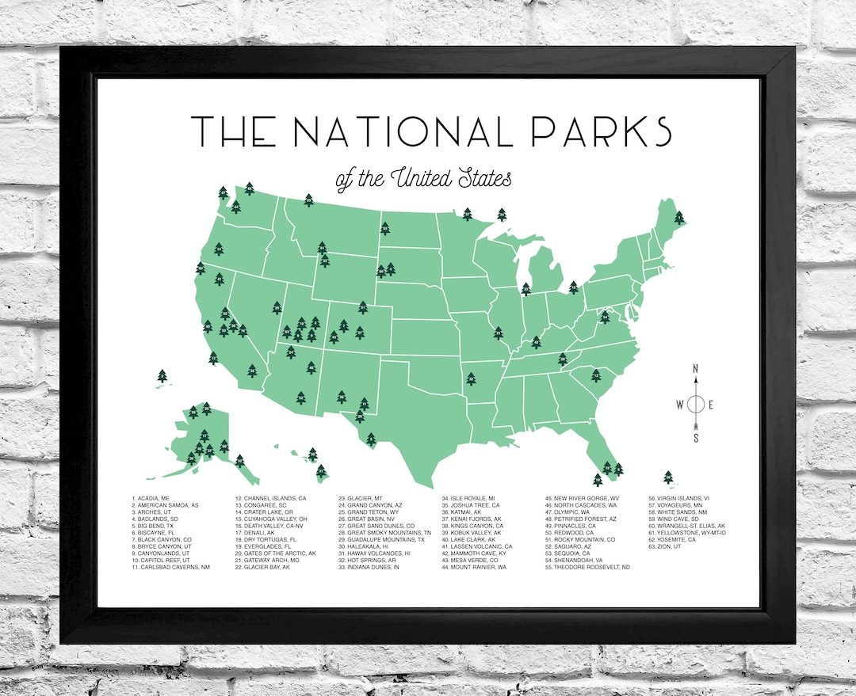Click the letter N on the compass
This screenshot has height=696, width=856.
tap(696, 369)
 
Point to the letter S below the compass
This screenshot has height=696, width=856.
tap(696, 439)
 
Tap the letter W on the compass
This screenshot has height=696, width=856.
tap(679, 405)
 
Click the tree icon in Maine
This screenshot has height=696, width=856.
tap(679, 217)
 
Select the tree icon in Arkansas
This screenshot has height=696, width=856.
tap(471, 379)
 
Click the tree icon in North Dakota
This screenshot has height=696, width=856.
tap(385, 228)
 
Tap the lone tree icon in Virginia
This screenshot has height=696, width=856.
tap(604, 317)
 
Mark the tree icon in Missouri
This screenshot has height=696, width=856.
tap(498, 333)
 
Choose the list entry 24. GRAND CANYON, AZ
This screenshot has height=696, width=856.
tap(370, 505)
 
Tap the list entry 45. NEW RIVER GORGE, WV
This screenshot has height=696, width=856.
tap(583, 498)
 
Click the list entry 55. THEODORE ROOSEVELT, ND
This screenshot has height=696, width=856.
tap(587, 567)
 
